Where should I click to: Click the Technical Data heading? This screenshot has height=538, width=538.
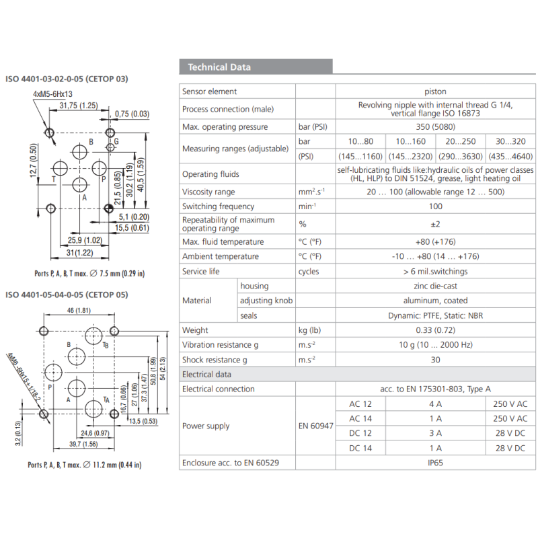click(x=219, y=67)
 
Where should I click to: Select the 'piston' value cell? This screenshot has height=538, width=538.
click(x=435, y=91)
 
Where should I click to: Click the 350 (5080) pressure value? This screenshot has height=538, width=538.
click(x=435, y=127)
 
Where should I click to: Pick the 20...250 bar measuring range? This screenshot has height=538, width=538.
click(x=461, y=142)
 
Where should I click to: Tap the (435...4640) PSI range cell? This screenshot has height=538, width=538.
click(x=510, y=157)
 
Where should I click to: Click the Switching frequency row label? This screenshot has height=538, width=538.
click(x=218, y=206)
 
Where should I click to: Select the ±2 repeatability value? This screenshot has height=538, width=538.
click(x=435, y=224)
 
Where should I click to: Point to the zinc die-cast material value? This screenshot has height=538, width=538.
click(x=435, y=286)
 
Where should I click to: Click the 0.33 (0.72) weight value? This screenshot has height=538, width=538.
click(x=435, y=330)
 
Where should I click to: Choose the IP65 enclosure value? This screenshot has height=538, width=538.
click(x=435, y=463)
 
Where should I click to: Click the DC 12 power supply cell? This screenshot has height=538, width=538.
click(x=360, y=433)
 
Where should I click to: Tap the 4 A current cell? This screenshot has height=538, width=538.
click(x=435, y=403)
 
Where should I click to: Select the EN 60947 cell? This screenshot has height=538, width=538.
click(x=315, y=426)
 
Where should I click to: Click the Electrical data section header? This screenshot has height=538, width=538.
click(x=206, y=375)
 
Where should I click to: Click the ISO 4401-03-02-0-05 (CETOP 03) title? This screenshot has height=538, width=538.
click(x=67, y=79)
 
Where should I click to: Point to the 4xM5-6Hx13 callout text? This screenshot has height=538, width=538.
click(x=52, y=94)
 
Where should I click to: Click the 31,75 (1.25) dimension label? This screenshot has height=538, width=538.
click(x=79, y=106)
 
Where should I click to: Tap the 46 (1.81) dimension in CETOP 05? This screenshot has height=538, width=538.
click(x=79, y=310)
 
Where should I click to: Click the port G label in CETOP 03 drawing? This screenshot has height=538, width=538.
click(x=116, y=142)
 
